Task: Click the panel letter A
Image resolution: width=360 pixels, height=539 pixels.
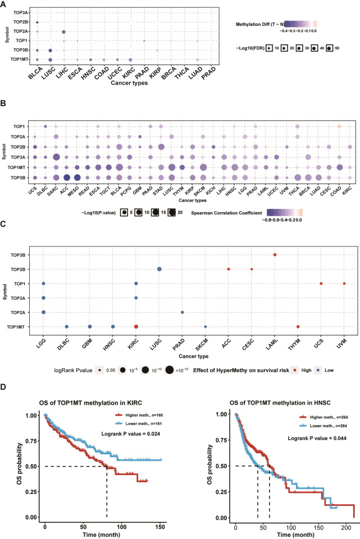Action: click(x=5, y=4)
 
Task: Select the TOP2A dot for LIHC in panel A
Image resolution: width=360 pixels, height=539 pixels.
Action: click(x=63, y=32)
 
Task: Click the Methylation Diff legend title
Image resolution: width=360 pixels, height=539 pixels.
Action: click(x=259, y=24)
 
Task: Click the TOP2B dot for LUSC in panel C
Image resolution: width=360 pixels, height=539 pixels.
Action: click(x=160, y=269)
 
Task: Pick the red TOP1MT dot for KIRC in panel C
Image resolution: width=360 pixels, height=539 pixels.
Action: click(x=136, y=326)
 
